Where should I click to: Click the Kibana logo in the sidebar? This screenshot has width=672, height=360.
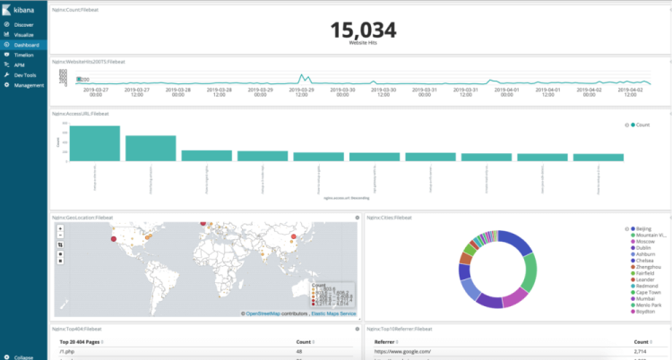(x=22, y=9)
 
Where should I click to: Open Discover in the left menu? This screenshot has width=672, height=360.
(x=23, y=25)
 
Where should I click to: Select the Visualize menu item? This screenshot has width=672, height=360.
(x=24, y=35)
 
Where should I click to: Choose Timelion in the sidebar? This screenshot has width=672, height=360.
(x=24, y=55)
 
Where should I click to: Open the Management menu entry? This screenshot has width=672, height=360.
(x=28, y=85)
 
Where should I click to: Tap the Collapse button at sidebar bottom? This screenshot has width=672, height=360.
(x=23, y=356)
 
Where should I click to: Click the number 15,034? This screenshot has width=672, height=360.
(x=362, y=30)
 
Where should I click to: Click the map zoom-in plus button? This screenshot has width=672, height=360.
(x=59, y=228)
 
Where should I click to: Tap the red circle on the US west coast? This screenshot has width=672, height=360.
(x=113, y=239)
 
